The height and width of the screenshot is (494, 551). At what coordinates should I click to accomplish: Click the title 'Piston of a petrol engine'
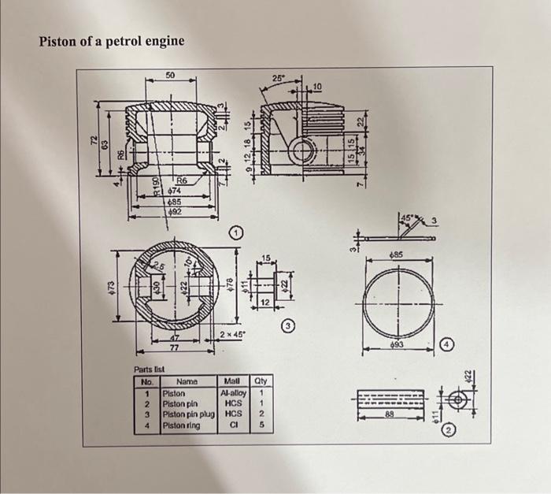(112, 40)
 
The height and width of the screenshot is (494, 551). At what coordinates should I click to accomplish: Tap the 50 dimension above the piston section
(170, 76)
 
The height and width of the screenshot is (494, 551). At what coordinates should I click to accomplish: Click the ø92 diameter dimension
(173, 211)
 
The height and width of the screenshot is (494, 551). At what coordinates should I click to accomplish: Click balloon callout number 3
(289, 325)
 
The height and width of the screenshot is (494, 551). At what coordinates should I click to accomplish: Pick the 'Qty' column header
(260, 381)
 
